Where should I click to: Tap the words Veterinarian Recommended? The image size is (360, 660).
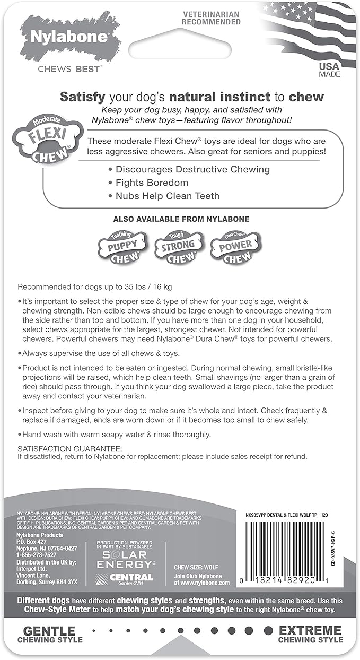[211, 18]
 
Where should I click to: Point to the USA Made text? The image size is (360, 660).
[329, 70]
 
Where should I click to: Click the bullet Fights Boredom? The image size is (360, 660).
[152, 183]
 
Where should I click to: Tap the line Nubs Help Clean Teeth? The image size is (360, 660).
[167, 196]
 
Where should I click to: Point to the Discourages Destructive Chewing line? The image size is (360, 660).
[192, 169]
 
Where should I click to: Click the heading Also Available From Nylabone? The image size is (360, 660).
[181, 219]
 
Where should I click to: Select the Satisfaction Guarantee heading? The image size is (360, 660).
[70, 449]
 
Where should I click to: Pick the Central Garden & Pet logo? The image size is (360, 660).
[125, 578]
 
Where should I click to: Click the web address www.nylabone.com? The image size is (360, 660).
[202, 582]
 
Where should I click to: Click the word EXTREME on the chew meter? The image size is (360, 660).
[310, 631]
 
